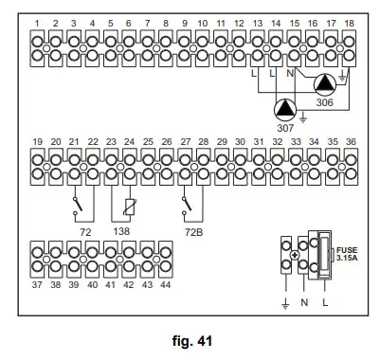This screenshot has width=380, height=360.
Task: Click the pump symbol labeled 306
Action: tap(325, 83)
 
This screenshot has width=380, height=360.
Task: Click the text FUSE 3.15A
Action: tap(348, 254)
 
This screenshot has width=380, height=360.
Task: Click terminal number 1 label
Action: tap(38, 22)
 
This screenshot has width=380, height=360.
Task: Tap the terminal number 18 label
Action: tap(350, 22)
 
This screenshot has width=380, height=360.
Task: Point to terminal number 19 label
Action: tap(38, 141)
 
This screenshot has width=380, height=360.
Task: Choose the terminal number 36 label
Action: tap(350, 141)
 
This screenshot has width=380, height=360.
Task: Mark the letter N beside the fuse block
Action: tap(305, 304)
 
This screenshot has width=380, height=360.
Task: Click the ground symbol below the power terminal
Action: tap(285, 302)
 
